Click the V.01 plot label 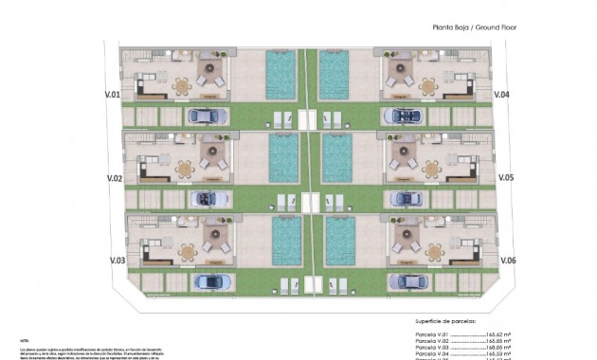pos(113,95)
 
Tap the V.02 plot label pos(115,177)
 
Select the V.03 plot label pos(117,260)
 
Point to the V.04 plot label pos(503,95)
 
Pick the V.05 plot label pos(505,177)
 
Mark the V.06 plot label pos(506,260)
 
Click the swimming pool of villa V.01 pos(281,74)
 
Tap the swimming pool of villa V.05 pos(337,157)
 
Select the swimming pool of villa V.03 pos(287,241)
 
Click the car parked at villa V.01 pos(208,116)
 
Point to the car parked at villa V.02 pos(210,199)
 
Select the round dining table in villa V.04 pos(429,87)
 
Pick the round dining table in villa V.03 pos(188,252)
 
